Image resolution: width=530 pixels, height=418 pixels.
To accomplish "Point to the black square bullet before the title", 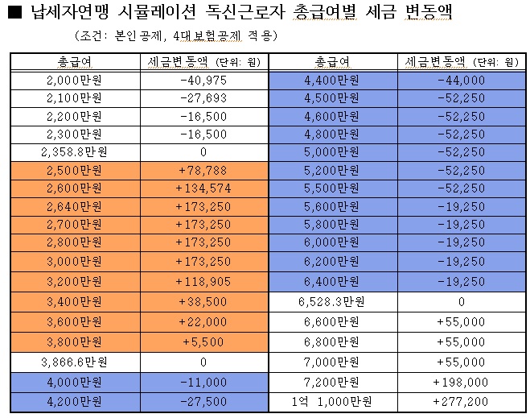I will click(x=14, y=13).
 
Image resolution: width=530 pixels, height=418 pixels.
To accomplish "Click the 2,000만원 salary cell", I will click(x=75, y=81).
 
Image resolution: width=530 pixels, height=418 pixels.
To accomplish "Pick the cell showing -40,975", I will click(x=203, y=81).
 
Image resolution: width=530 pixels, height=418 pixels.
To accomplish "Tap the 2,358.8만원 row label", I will click(x=75, y=151).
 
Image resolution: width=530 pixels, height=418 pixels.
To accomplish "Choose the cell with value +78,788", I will click(x=203, y=169).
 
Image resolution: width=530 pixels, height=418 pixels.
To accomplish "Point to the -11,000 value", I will click(x=203, y=381).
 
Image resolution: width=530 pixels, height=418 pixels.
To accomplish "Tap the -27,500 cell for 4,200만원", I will click(x=203, y=399).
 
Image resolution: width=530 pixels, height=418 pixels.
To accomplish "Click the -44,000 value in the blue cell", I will click(x=462, y=81).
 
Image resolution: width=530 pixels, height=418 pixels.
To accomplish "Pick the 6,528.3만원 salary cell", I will click(x=332, y=301).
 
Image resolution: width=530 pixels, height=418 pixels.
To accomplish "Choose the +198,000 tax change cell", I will click(x=462, y=381).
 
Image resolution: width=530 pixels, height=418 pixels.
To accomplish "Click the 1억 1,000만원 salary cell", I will click(x=332, y=399).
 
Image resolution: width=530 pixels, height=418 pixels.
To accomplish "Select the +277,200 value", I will click(x=462, y=399).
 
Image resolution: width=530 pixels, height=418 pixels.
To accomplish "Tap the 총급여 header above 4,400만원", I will click(x=332, y=61).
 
